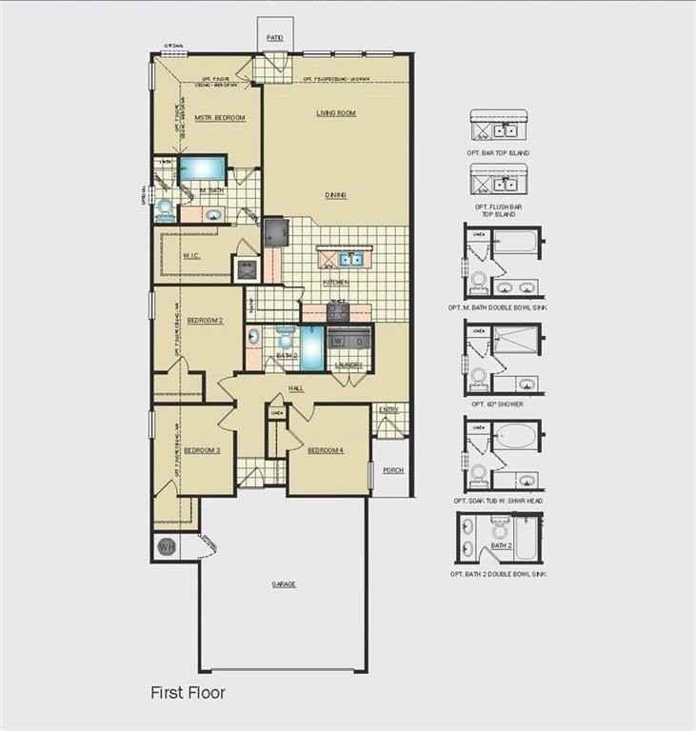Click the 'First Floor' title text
click(188, 693)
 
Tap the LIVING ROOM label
click(336, 113)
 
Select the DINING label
click(335, 195)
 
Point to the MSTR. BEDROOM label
click(220, 118)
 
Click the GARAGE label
click(283, 583)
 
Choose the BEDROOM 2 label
click(205, 321)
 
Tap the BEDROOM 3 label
click(202, 450)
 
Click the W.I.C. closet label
click(190, 255)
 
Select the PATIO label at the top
click(275, 38)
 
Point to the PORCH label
click(392, 470)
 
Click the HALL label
click(296, 388)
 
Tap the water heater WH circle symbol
click(166, 546)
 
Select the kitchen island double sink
click(349, 258)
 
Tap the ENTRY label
click(388, 409)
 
